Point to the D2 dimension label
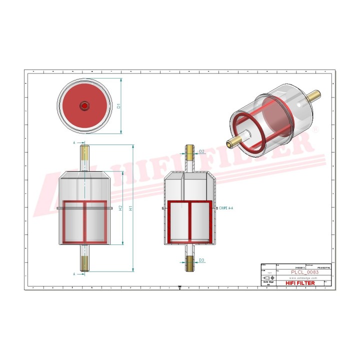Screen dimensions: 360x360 tap(201, 151)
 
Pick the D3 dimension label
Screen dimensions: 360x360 tap(201, 260)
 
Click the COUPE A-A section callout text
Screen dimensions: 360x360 tap(227, 206)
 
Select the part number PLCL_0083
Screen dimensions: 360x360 tap(304, 272)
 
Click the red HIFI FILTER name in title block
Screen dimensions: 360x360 tap(300, 283)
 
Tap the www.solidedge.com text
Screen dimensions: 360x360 tap(303, 277)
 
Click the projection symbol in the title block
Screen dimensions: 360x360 tap(268, 277)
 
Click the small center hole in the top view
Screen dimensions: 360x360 tap(84, 105)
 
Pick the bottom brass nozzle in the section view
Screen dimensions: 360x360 tap(189, 263)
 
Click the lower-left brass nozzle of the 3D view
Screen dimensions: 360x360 tap(231, 143)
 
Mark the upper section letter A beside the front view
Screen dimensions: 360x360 tap(74, 142)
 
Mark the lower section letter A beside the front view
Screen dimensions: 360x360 tap(74, 274)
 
